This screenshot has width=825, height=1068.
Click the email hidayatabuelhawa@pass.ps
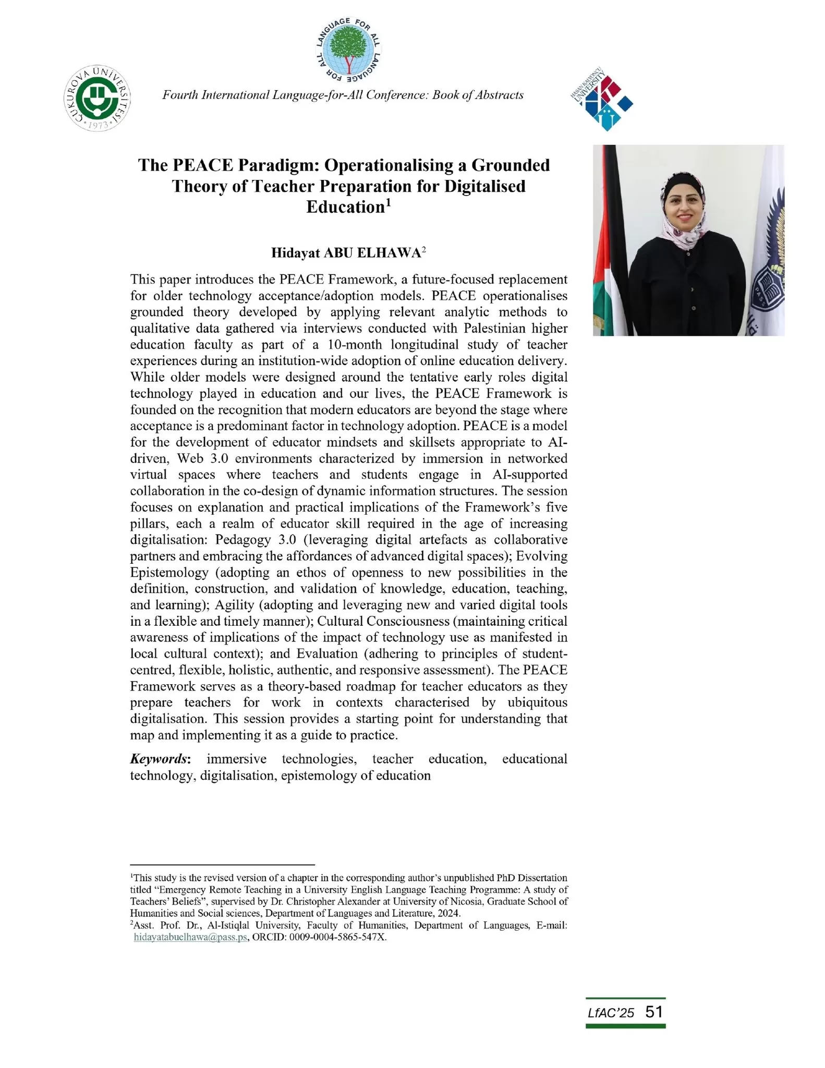pos(190,951)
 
